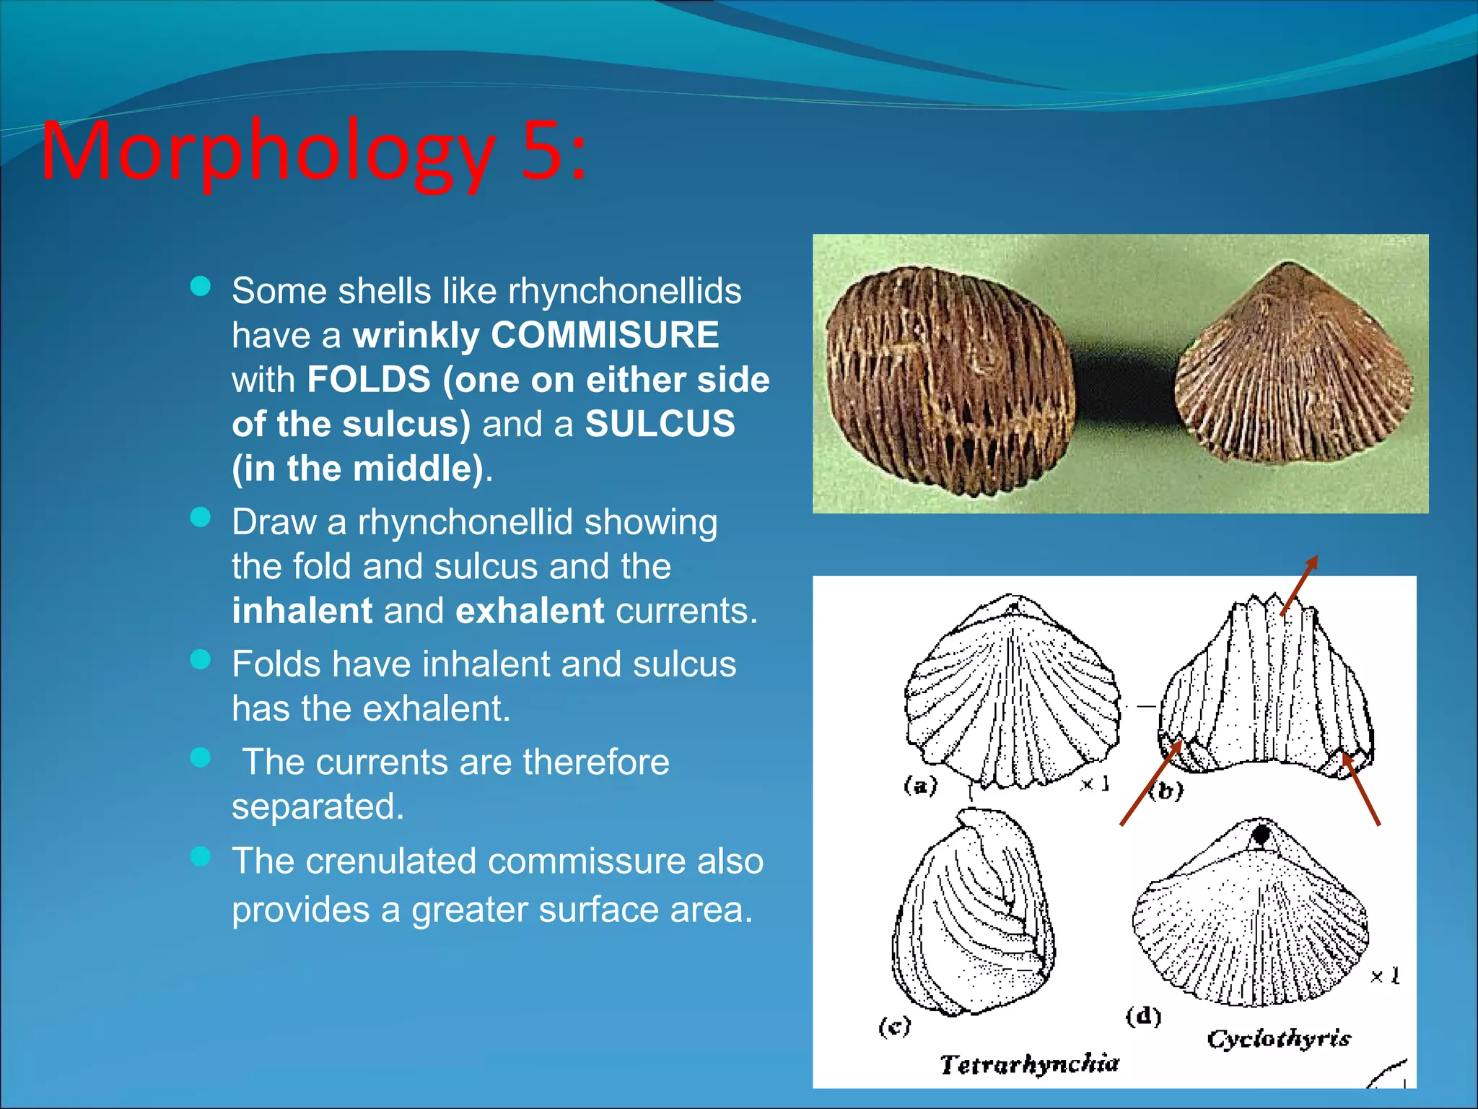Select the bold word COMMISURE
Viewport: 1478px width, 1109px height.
605,335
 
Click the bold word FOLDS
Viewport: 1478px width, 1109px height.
369,380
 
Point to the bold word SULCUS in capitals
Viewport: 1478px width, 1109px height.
660,424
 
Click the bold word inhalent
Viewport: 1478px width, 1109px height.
302,611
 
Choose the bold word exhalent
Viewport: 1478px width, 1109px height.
530,611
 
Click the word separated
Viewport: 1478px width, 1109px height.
318,806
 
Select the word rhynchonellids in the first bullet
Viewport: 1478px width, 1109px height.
625,291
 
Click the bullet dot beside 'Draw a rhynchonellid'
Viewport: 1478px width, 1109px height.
200,517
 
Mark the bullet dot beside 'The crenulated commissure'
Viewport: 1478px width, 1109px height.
200,856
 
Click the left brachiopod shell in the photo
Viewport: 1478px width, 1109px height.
950,380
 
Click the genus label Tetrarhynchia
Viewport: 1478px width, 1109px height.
1029,1064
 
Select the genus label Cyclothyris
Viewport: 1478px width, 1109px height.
1279,1039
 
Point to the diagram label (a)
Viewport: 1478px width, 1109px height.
920,785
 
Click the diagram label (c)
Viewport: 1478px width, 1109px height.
895,1026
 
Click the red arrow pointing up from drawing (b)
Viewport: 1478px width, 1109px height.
1300,584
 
